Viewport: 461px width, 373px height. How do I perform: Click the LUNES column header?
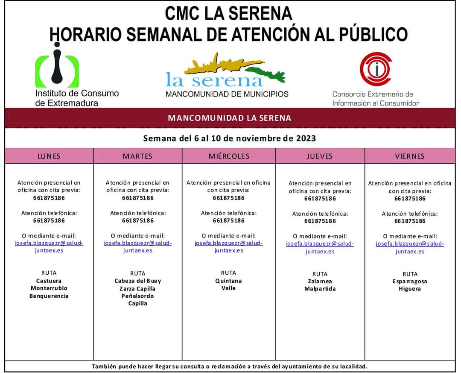49,156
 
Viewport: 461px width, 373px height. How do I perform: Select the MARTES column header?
137,156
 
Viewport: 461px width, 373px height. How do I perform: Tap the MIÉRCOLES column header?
229,156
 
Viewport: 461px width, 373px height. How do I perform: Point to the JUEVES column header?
320,156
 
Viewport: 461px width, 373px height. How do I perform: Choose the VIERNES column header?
410,156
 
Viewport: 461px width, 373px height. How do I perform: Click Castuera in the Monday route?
49,281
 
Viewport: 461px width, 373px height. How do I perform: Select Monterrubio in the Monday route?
49,288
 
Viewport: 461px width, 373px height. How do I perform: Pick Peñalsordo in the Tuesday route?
137,296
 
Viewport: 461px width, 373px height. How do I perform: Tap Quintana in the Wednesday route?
228,281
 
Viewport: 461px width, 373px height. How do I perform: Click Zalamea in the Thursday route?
320,281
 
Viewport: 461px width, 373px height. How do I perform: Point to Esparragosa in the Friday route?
410,281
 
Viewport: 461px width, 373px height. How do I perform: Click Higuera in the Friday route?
410,289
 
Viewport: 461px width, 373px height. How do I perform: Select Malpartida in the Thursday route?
320,289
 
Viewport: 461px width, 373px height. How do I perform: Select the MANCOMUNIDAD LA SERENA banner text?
230,118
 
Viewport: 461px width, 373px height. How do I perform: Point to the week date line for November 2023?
230,138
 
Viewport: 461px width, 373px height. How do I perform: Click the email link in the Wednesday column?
229,247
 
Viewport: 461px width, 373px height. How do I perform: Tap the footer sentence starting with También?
230,366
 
